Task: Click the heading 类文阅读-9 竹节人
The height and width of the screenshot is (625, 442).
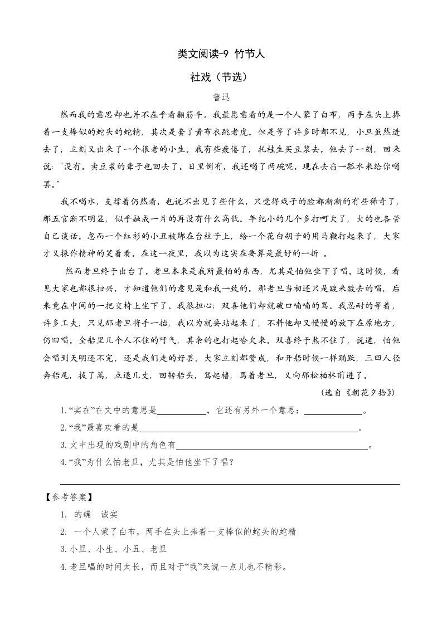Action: [x=220, y=54]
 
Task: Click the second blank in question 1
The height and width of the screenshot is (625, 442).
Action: [x=333, y=412]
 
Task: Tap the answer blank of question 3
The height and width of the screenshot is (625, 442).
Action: [x=271, y=446]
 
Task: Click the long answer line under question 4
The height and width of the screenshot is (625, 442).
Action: [x=230, y=482]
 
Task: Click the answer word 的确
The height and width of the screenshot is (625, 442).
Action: [x=82, y=514]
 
